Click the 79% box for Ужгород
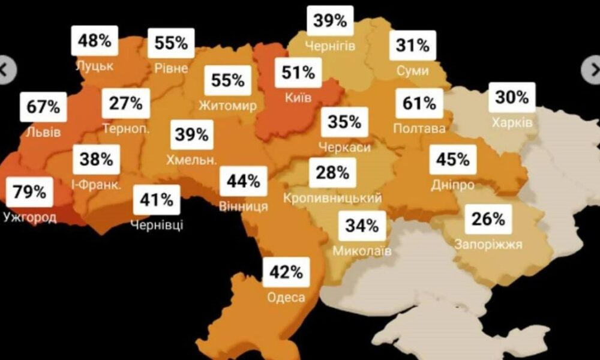[x=29, y=192]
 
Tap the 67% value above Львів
[x=43, y=107]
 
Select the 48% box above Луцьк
[x=95, y=41]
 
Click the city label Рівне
[x=171, y=68]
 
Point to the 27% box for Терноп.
[x=126, y=103]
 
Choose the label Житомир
[x=227, y=106]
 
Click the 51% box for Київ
[x=298, y=73]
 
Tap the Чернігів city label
[x=330, y=46]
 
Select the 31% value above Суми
[x=412, y=45]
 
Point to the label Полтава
[x=419, y=129]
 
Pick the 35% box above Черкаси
[x=345, y=122]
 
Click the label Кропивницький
[x=332, y=198]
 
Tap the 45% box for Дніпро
[x=453, y=160]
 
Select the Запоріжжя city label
[x=488, y=244]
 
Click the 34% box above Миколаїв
[x=362, y=226]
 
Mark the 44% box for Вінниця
[x=243, y=181]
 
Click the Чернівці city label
[x=157, y=225]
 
